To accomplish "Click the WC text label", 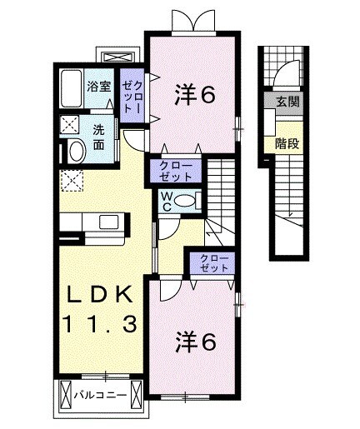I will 167,200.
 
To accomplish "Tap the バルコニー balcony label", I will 98,395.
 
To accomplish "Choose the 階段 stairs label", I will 288,142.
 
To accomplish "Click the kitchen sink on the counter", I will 108,222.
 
